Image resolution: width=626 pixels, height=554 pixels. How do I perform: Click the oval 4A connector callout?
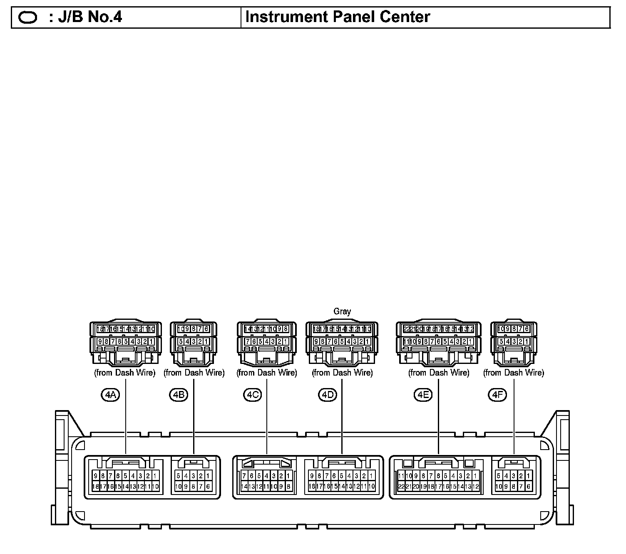click(110, 394)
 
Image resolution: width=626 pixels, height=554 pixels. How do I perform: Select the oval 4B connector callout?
click(179, 394)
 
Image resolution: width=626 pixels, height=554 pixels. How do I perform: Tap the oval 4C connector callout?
click(252, 394)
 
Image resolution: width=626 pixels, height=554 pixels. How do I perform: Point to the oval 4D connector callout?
click(327, 394)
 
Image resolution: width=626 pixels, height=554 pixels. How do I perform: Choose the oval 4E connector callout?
click(423, 394)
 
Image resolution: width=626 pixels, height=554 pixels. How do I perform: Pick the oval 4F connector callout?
click(497, 394)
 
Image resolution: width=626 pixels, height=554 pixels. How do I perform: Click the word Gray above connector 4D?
click(342, 311)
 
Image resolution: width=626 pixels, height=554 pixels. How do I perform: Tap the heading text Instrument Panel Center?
click(338, 17)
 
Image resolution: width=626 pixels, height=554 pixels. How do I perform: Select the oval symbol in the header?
click(28, 17)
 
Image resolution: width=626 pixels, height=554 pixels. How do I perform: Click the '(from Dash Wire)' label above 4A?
click(125, 373)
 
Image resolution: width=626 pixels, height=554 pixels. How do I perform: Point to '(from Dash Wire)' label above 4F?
click(514, 373)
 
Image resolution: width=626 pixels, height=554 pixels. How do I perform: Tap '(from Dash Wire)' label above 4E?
click(439, 373)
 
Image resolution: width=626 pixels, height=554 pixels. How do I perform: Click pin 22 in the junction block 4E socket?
click(401, 486)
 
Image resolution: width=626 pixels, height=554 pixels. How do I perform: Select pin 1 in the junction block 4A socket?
click(155, 476)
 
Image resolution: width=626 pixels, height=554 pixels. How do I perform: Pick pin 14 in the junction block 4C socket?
click(244, 486)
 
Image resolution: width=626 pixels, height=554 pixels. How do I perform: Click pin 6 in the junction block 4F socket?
click(529, 486)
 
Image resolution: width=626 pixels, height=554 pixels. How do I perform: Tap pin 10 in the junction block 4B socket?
click(178, 486)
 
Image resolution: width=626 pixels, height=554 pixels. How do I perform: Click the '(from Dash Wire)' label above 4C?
click(267, 373)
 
